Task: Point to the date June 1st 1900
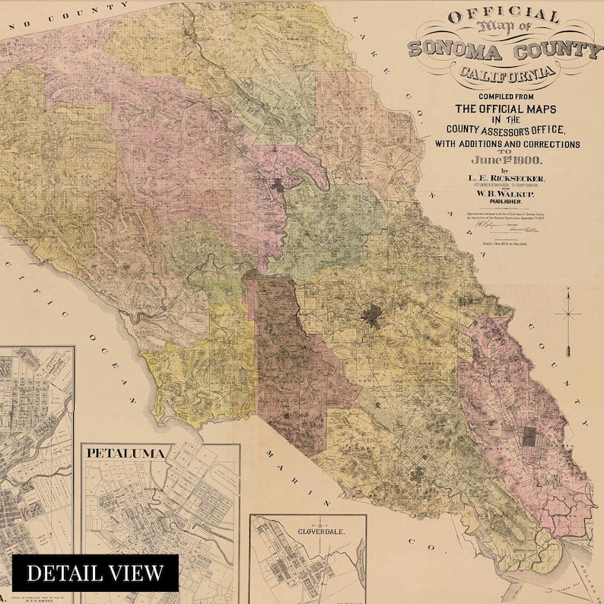click(x=506, y=159)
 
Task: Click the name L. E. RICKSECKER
click(x=507, y=177)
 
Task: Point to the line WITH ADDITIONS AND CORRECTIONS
click(x=507, y=144)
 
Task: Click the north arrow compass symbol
click(x=568, y=319)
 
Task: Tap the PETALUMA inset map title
click(x=126, y=453)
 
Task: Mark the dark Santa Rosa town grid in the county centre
click(x=371, y=315)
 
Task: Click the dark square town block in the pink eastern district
click(x=529, y=437)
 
